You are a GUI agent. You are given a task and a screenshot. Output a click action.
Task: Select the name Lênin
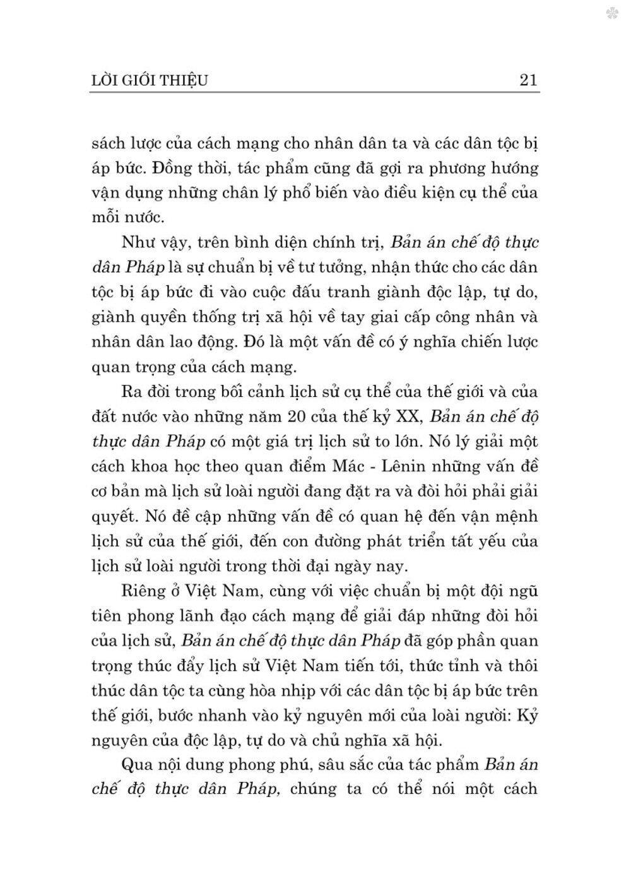pyautogui.click(x=397, y=466)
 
